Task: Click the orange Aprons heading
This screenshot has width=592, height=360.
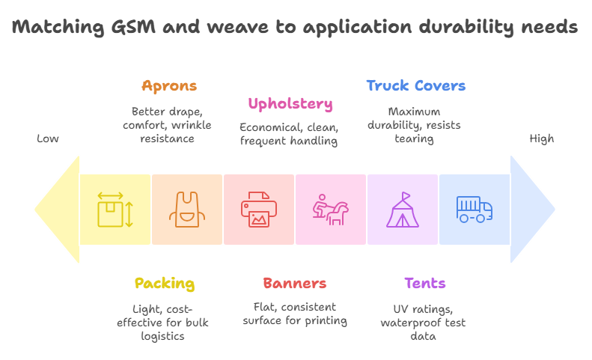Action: [169, 85]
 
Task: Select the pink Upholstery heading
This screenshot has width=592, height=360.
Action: [290, 103]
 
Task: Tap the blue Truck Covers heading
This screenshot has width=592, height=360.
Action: [415, 85]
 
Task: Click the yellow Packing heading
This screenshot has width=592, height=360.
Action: [165, 284]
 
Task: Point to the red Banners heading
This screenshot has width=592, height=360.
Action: [294, 284]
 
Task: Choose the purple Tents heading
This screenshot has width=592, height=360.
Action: [424, 284]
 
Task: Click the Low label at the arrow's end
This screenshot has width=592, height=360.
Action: [48, 138]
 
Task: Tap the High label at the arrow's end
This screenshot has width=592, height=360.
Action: [542, 138]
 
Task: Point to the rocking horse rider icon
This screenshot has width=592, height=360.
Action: [330, 210]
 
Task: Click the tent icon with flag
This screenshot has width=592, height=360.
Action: [403, 210]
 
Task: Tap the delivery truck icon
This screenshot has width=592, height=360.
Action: [474, 209]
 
